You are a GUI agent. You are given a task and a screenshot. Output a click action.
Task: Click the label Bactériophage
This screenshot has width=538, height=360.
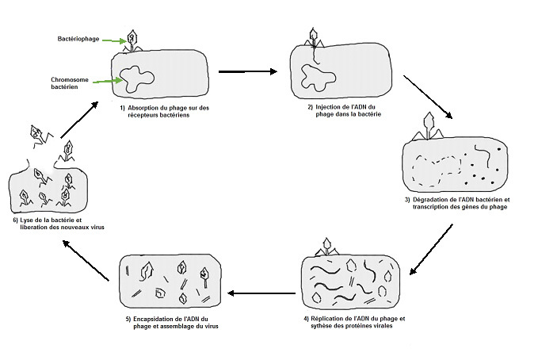78,39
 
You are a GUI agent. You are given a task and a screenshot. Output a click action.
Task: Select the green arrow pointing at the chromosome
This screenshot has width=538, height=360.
107,79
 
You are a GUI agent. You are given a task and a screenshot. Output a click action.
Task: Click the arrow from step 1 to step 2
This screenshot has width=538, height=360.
247,72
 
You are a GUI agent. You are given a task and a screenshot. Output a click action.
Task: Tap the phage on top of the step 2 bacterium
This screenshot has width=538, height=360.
316,36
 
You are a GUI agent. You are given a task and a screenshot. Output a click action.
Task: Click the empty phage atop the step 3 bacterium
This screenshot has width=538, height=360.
432,123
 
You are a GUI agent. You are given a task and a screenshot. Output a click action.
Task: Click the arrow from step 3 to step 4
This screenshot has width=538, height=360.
432,248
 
